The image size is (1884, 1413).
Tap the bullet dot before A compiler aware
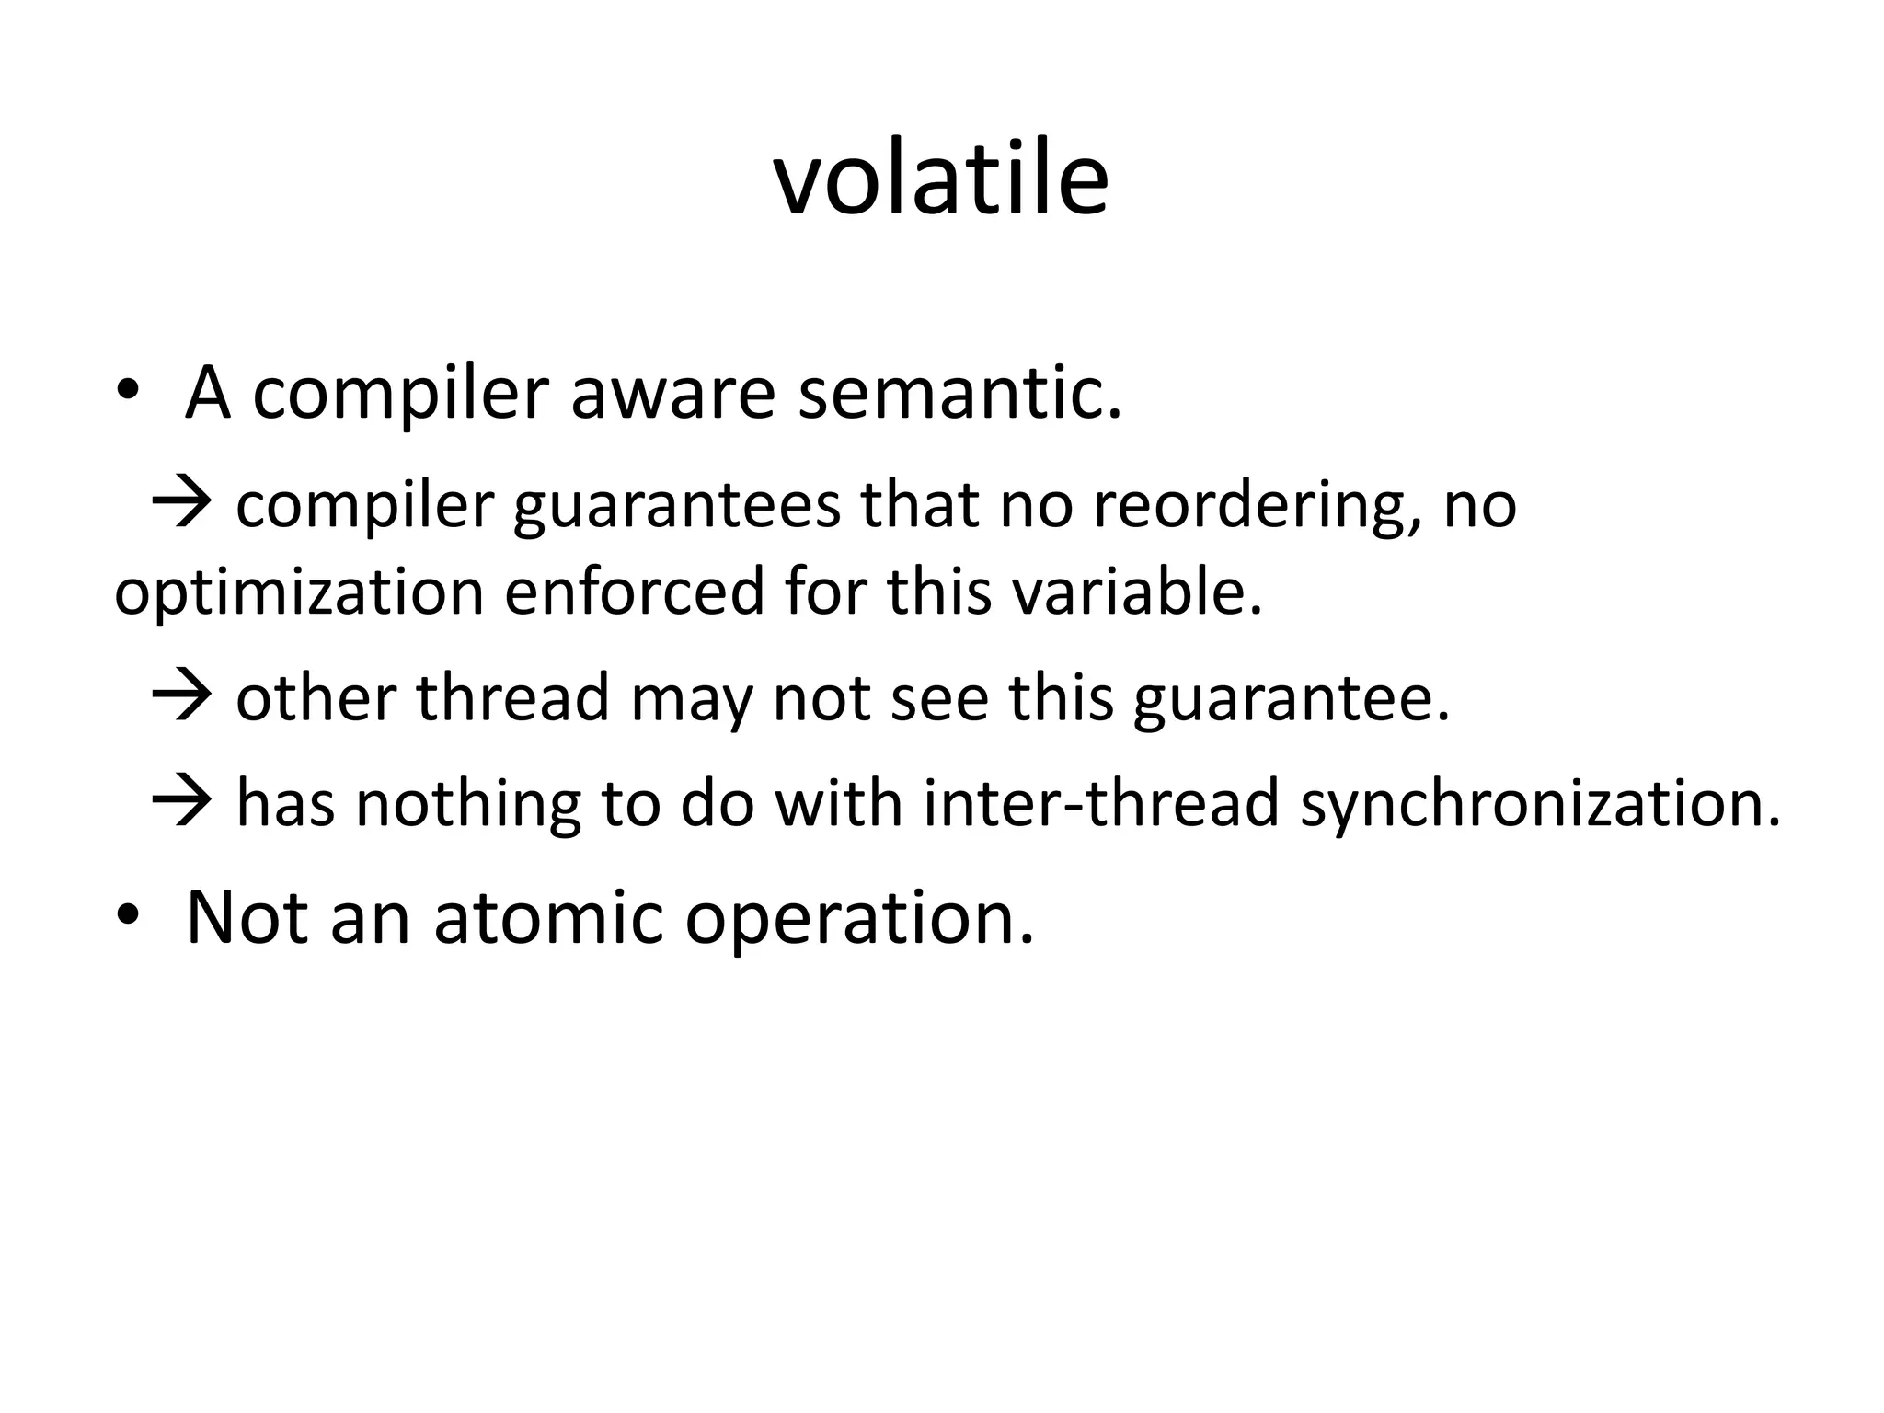click(127, 393)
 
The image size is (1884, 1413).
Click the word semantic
click(959, 393)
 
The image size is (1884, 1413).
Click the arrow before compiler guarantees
click(181, 505)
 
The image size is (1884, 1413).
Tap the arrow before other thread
click(181, 697)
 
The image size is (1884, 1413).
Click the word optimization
click(299, 593)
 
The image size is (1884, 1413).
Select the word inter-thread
click(1102, 802)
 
